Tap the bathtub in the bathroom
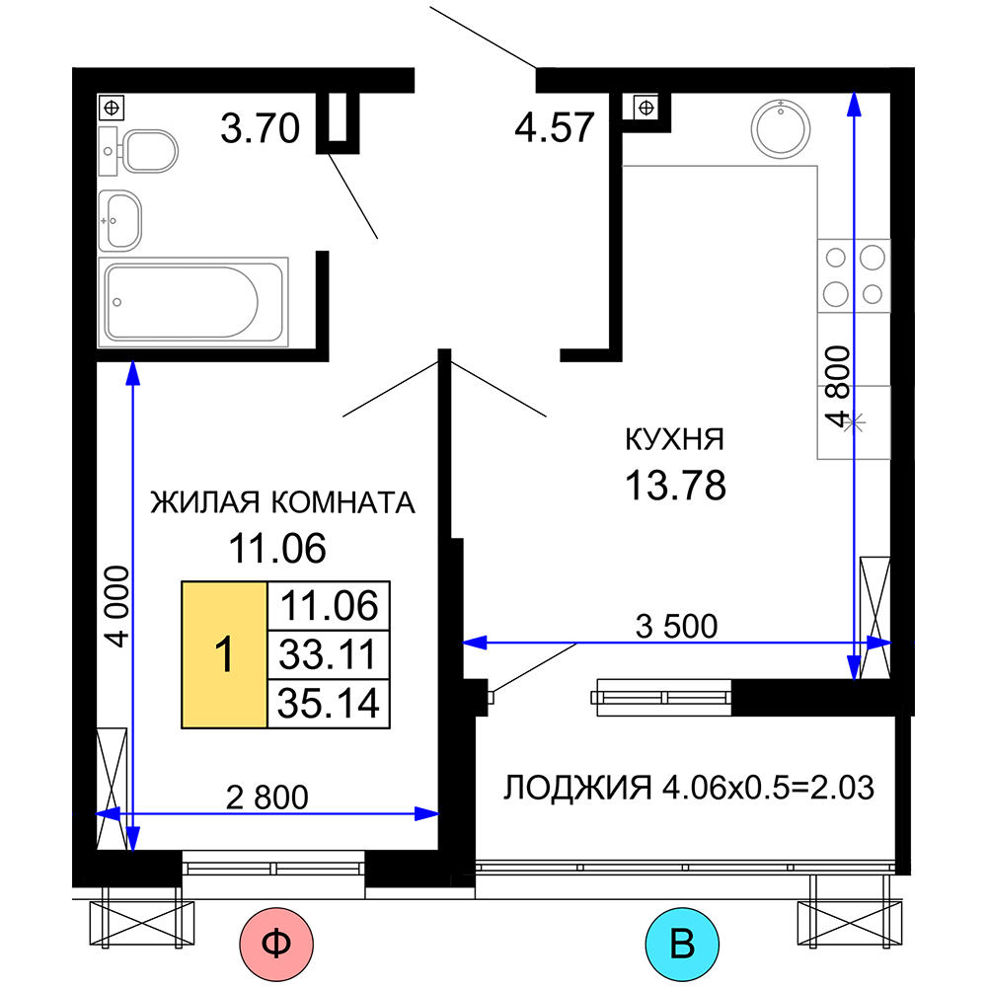[x=193, y=302]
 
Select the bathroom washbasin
[x=120, y=221]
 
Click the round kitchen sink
[x=781, y=129]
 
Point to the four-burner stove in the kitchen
[x=854, y=275]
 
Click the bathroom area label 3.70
[x=260, y=128]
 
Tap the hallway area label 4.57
[x=555, y=127]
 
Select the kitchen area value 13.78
[x=675, y=486]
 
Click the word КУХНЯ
[x=675, y=439]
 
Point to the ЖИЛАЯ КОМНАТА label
[x=282, y=503]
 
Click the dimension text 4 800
[x=838, y=387]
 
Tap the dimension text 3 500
[x=677, y=627]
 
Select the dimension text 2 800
[x=266, y=797]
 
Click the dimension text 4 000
[x=117, y=606]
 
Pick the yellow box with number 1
[x=224, y=654]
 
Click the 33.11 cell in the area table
[x=329, y=654]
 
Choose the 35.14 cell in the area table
[x=329, y=704]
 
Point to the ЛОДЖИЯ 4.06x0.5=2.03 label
[x=689, y=788]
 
